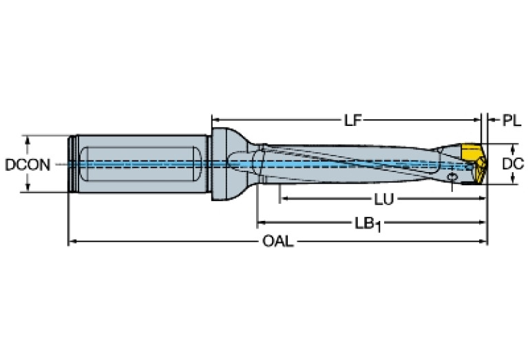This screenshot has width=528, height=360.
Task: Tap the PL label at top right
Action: click(x=511, y=120)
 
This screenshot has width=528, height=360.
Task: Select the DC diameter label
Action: click(x=513, y=164)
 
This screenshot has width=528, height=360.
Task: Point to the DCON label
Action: click(x=26, y=165)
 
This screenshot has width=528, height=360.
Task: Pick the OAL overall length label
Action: click(x=278, y=242)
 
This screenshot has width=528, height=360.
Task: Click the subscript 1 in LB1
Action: click(x=378, y=227)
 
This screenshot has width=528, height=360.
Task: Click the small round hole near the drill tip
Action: click(x=452, y=179)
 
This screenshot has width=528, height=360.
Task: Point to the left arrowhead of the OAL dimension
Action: click(x=71, y=242)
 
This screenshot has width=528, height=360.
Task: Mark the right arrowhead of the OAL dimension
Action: click(x=483, y=242)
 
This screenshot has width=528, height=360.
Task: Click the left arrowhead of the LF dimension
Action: click(x=215, y=120)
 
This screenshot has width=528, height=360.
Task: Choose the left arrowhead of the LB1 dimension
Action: click(x=261, y=224)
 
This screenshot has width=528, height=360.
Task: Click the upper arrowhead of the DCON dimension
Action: click(x=28, y=138)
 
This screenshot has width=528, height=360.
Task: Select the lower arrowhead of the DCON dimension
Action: click(x=28, y=188)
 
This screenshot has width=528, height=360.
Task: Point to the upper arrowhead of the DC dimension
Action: click(x=513, y=147)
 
